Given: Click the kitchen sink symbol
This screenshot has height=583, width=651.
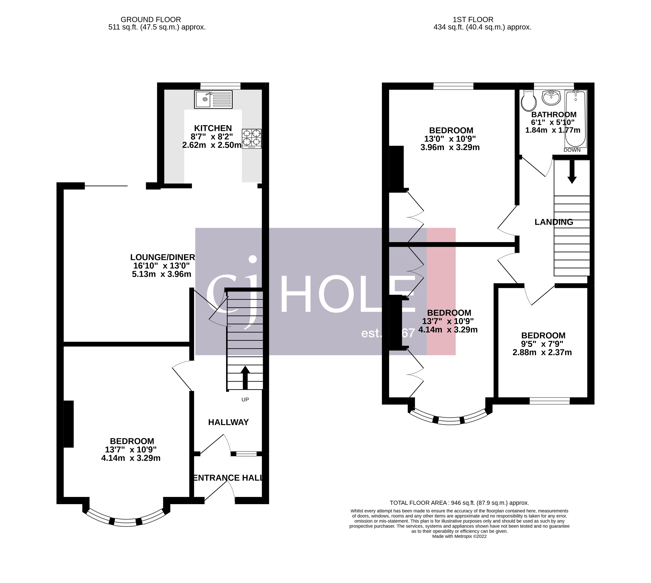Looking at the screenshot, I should [213, 99].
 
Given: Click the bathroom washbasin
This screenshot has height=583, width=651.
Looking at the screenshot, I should [551, 97].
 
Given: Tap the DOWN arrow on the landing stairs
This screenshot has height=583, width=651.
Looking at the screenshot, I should [572, 171].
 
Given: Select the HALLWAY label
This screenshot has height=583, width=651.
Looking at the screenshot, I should [229, 422].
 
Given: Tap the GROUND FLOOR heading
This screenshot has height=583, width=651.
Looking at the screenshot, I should [151, 19].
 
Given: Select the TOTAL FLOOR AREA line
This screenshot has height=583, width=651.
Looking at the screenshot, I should [459, 503].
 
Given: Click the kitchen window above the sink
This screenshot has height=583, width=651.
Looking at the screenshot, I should [220, 86].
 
